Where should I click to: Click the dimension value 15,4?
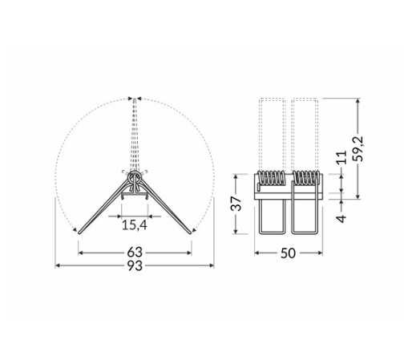pos(135,224)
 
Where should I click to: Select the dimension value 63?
pos(135,253)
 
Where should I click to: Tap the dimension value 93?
pos(135,265)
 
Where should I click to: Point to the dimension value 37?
pos(236,204)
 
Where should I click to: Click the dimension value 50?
pos(288,253)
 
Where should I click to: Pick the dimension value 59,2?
pos(358,148)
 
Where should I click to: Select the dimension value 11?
pos(341,157)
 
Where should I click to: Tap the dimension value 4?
pos(341,218)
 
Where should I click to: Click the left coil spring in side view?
pos(271,178)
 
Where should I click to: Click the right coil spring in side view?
pos(305,178)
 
